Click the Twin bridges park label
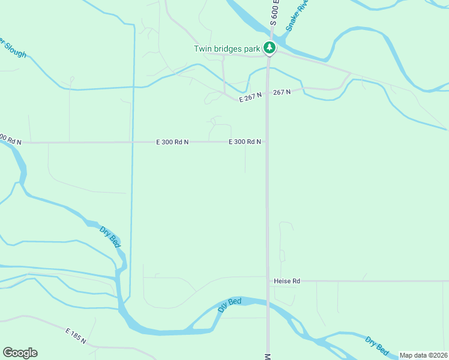(x=227, y=49)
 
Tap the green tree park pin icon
(x=270, y=48)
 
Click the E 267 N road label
(x=251, y=97)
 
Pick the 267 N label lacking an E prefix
(x=282, y=92)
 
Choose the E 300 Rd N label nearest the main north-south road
(x=244, y=142)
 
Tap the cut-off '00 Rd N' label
(x=10, y=140)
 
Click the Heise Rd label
(x=286, y=281)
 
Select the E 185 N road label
(x=76, y=336)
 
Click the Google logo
(x=20, y=353)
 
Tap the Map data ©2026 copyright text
(x=424, y=355)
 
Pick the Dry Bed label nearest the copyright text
(x=377, y=346)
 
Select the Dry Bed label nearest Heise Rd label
(x=229, y=304)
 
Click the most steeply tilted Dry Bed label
(x=110, y=236)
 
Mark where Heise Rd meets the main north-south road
(x=268, y=281)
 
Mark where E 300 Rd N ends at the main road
(x=267, y=142)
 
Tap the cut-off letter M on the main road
(x=267, y=356)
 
